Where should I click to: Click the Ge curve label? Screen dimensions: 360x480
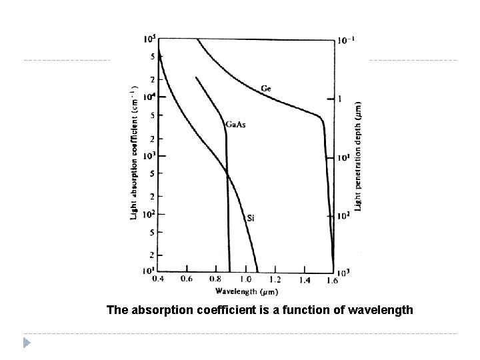pyautogui.click(x=265, y=88)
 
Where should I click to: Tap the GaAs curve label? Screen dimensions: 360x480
pyautogui.click(x=235, y=125)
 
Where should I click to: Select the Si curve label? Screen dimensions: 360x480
pyautogui.click(x=251, y=217)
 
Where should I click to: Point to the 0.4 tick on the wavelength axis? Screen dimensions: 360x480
pyautogui.click(x=158, y=279)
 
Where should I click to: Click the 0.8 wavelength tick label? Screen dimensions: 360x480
pyautogui.click(x=216, y=279)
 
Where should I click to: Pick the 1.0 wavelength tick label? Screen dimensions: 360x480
pyautogui.click(x=245, y=279)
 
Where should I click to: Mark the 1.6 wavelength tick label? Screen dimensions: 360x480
pyautogui.click(x=332, y=279)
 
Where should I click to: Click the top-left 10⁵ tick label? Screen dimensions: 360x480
pyautogui.click(x=149, y=39)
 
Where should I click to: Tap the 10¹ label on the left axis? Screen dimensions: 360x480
pyautogui.click(x=148, y=271)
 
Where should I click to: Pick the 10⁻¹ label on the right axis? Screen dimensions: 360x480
pyautogui.click(x=347, y=39)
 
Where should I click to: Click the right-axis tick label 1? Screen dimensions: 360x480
pyautogui.click(x=340, y=99)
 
